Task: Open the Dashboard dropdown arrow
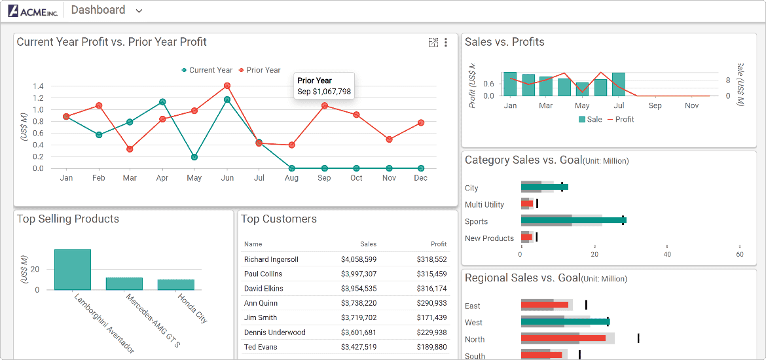click(x=139, y=11)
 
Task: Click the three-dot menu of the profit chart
click(x=446, y=43)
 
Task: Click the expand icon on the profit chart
click(x=433, y=43)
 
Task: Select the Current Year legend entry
click(x=207, y=70)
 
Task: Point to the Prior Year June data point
click(x=227, y=86)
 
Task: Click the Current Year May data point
click(x=194, y=157)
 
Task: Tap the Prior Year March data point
click(x=130, y=149)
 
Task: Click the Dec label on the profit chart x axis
click(x=421, y=178)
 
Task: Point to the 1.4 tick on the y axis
click(x=38, y=86)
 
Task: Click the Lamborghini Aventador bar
click(x=73, y=270)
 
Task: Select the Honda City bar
click(x=175, y=285)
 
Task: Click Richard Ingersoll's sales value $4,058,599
click(x=359, y=260)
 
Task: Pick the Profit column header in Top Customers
click(x=439, y=244)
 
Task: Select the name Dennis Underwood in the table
click(x=274, y=333)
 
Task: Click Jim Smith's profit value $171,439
click(x=431, y=318)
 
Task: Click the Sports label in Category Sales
click(x=476, y=222)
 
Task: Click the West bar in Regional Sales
click(x=565, y=321)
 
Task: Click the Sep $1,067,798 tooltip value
click(x=324, y=92)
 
